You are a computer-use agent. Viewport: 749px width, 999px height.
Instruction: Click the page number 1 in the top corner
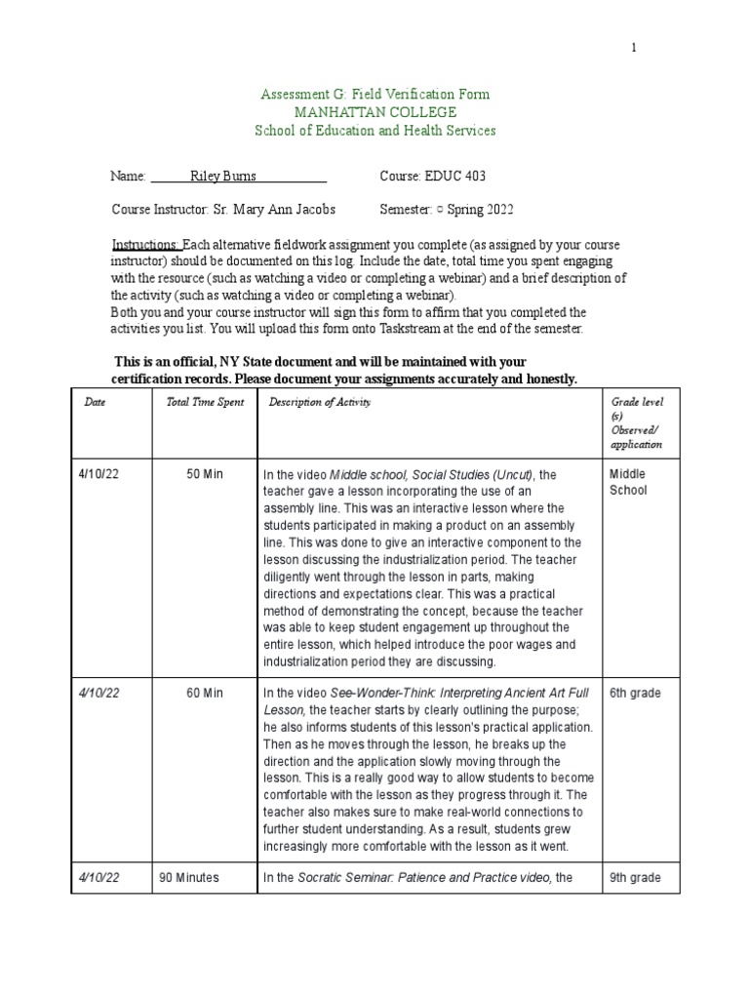tap(633, 48)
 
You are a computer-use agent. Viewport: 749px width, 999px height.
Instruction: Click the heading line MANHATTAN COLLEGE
tap(374, 112)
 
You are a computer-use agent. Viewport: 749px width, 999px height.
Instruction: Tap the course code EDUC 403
tap(453, 177)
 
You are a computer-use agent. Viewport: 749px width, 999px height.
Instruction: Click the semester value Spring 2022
tap(481, 210)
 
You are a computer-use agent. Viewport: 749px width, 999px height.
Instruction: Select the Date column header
tap(95, 402)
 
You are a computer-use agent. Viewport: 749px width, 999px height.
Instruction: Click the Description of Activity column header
tap(320, 402)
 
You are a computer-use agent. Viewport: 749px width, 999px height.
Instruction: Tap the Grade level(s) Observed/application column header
tap(636, 423)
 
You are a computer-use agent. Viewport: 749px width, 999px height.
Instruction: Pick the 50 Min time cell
tap(205, 474)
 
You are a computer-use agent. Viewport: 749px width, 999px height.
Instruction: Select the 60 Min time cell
tap(205, 693)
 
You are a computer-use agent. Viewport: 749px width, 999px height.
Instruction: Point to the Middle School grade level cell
tap(628, 482)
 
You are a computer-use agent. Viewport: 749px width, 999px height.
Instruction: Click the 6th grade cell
tap(635, 693)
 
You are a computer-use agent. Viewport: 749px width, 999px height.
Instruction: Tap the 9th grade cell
tap(635, 877)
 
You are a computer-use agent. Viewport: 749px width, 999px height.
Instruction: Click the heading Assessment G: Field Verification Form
tap(374, 95)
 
